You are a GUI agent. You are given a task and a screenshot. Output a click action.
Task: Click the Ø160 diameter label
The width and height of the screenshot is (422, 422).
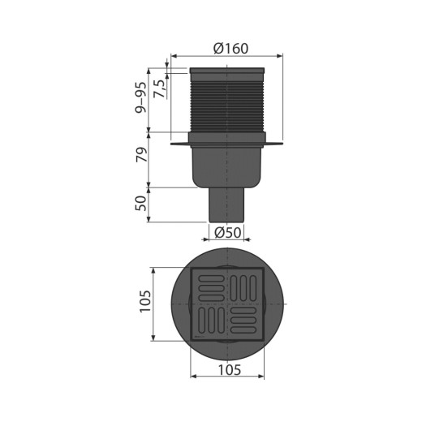pyautogui.click(x=230, y=48)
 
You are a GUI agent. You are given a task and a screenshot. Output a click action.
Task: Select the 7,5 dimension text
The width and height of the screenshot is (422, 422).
pyautogui.click(x=160, y=85)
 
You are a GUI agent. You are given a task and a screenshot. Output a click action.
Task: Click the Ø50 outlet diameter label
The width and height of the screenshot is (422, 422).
pyautogui.click(x=228, y=233)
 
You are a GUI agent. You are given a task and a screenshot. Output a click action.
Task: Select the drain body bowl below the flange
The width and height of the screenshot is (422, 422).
pyautogui.click(x=226, y=166)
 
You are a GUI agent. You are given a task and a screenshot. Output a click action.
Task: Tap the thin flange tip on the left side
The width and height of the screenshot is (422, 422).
pyautogui.click(x=175, y=145)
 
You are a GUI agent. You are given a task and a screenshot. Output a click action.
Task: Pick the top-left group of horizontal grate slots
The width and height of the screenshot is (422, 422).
pyautogui.click(x=209, y=286)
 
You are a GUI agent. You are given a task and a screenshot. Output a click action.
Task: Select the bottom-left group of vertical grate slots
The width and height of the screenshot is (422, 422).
pyautogui.click(x=209, y=322)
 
